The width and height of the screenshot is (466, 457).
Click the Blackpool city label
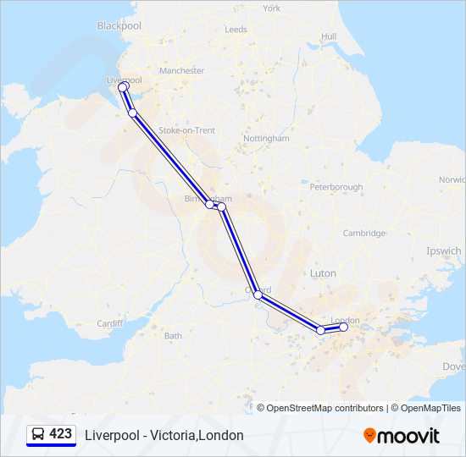pyautogui.click(x=118, y=26)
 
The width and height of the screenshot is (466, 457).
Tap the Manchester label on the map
pyautogui.click(x=181, y=71)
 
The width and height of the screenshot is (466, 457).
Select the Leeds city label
pyautogui.click(x=236, y=30)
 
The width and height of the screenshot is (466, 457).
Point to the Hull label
pyautogui.click(x=329, y=36)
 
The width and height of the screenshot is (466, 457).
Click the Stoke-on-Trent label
pyautogui.click(x=193, y=130)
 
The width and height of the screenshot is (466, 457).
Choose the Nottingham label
pyautogui.click(x=266, y=138)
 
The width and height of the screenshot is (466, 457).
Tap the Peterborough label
pyautogui.click(x=336, y=187)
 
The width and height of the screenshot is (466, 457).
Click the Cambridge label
pyautogui.click(x=364, y=234)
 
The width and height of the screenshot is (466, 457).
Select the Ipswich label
pyautogui.click(x=445, y=251)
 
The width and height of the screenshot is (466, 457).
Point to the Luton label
pyautogui.click(x=323, y=273)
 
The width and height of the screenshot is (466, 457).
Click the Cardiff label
pyautogui.click(x=110, y=323)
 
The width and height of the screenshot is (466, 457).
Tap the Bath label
pyautogui.click(x=173, y=336)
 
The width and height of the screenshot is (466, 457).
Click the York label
pyautogui.click(x=271, y=8)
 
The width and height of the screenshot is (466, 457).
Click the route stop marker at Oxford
pyautogui.click(x=258, y=295)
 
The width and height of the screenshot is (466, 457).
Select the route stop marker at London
pyautogui.click(x=343, y=327)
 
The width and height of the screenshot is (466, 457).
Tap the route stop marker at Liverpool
pyautogui.click(x=123, y=87)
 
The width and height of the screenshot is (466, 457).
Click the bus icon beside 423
pyautogui.click(x=38, y=435)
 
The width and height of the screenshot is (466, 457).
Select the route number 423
pyautogui.click(x=61, y=434)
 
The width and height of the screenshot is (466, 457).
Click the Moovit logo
pyautogui.click(x=402, y=436)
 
